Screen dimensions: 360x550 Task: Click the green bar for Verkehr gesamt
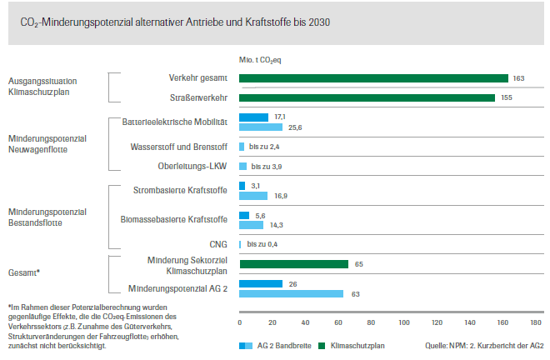click(373, 78)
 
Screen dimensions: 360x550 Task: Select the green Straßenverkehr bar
click(367, 97)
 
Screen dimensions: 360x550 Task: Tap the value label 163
click(518, 78)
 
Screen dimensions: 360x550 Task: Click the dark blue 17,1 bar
click(253, 117)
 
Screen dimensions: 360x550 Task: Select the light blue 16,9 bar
click(253, 196)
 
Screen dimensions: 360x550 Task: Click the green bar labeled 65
click(293, 264)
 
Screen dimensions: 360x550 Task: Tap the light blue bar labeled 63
click(291, 293)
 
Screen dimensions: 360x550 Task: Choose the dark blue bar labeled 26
click(261, 283)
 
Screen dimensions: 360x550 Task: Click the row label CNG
click(218, 244)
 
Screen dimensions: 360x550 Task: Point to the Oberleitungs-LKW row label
click(192, 166)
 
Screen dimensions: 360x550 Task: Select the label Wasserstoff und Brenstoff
click(179, 147)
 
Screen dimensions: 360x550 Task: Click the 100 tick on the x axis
click(404, 322)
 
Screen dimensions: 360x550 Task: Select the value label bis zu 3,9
click(267, 166)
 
